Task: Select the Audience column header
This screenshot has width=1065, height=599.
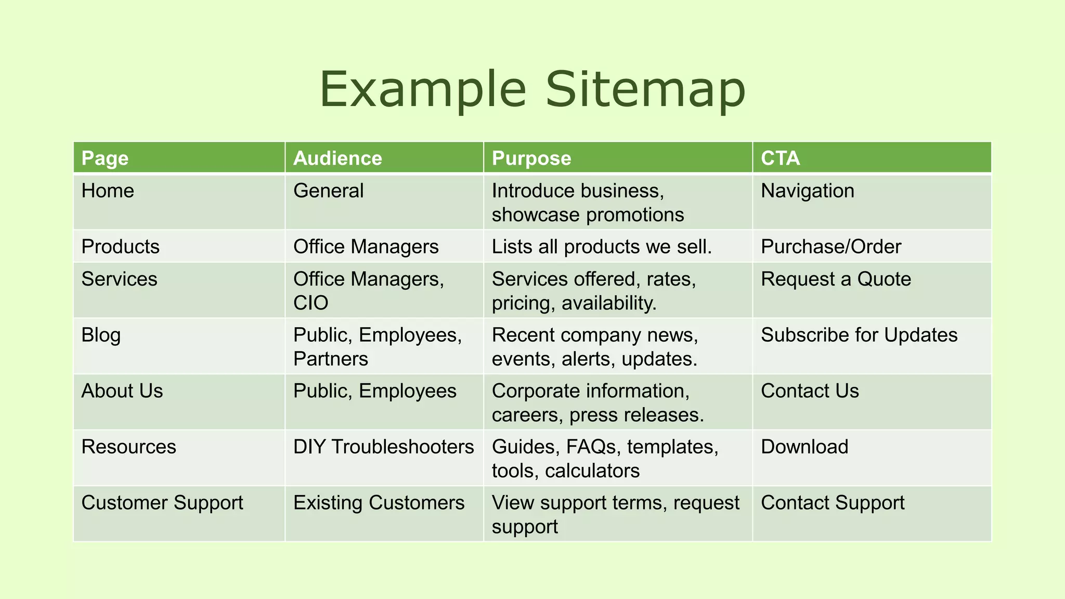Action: click(337, 158)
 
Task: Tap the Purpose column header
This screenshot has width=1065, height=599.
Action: click(531, 158)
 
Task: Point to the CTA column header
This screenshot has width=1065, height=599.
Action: click(780, 158)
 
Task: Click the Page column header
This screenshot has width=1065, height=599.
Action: click(105, 158)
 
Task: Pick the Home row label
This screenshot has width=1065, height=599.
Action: click(108, 191)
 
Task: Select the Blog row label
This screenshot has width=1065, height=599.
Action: click(101, 335)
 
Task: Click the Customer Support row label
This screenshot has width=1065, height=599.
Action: click(162, 503)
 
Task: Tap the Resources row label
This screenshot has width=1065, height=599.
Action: click(128, 447)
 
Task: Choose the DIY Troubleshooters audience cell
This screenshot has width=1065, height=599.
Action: click(383, 447)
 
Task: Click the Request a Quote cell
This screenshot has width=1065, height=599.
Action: click(836, 279)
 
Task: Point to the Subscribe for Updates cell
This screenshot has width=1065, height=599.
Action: click(859, 335)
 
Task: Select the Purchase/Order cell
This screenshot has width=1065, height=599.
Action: click(830, 246)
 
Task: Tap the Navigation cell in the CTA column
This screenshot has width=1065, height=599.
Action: click(807, 191)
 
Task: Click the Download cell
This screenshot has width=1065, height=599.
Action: click(804, 447)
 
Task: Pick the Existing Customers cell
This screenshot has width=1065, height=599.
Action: click(379, 503)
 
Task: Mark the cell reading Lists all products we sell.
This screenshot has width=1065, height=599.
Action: click(602, 246)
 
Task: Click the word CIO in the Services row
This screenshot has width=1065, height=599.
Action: click(310, 303)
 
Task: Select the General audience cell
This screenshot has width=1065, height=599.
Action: click(328, 191)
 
